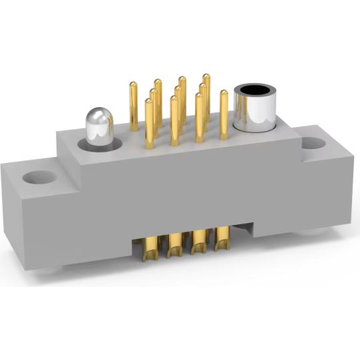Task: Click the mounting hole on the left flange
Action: coord(41,178)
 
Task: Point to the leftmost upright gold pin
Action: coord(134,106)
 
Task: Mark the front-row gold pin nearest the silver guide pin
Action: coord(149,123)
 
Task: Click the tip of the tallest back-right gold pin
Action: coord(206,77)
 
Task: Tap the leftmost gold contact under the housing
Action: coord(150,245)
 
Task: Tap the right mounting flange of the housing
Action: coord(319,180)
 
